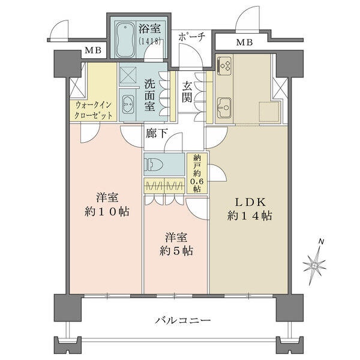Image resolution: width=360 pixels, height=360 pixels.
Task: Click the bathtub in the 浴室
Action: (x=125, y=40)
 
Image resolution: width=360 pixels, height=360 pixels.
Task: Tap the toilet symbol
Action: (x=153, y=164)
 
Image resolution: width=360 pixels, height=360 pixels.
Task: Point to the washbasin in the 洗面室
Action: (x=128, y=104)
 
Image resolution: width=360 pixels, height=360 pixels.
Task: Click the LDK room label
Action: (x=250, y=202)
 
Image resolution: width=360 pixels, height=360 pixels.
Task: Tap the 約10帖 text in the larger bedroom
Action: (x=107, y=212)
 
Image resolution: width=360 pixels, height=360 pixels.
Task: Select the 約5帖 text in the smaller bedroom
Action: (x=176, y=251)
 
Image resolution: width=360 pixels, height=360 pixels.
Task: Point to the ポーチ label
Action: (x=191, y=37)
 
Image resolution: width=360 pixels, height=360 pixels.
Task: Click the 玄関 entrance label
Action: (x=187, y=92)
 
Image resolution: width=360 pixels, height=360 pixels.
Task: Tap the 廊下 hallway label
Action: (x=157, y=133)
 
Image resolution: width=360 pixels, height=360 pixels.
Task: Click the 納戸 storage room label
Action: (x=197, y=162)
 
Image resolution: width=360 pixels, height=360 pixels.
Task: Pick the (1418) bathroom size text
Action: (x=149, y=41)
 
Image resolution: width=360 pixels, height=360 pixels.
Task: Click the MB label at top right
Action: (x=245, y=42)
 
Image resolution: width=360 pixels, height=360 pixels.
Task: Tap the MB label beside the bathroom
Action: (x=93, y=50)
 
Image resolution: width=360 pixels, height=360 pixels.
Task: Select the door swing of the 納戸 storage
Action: (x=218, y=173)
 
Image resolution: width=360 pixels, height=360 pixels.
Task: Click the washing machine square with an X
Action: (x=128, y=76)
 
